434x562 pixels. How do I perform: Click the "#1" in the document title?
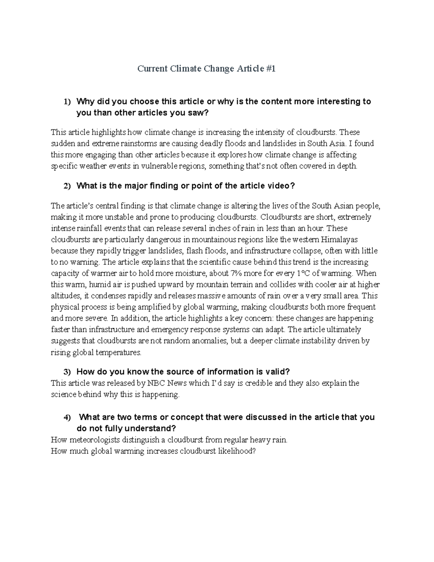(270, 68)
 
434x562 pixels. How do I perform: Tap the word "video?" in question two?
(281, 186)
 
